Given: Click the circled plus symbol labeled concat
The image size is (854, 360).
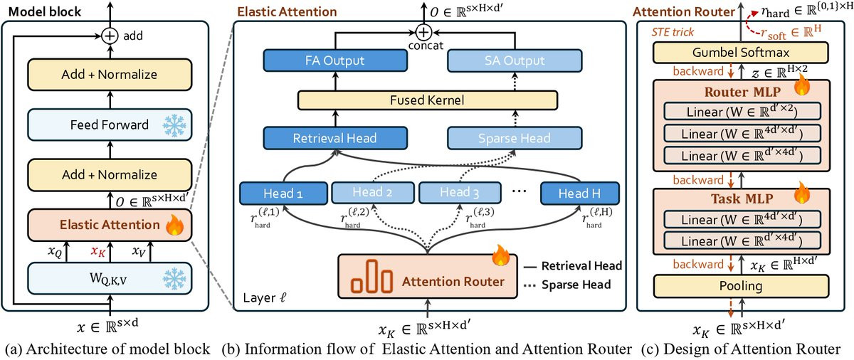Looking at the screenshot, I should [x=424, y=33].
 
